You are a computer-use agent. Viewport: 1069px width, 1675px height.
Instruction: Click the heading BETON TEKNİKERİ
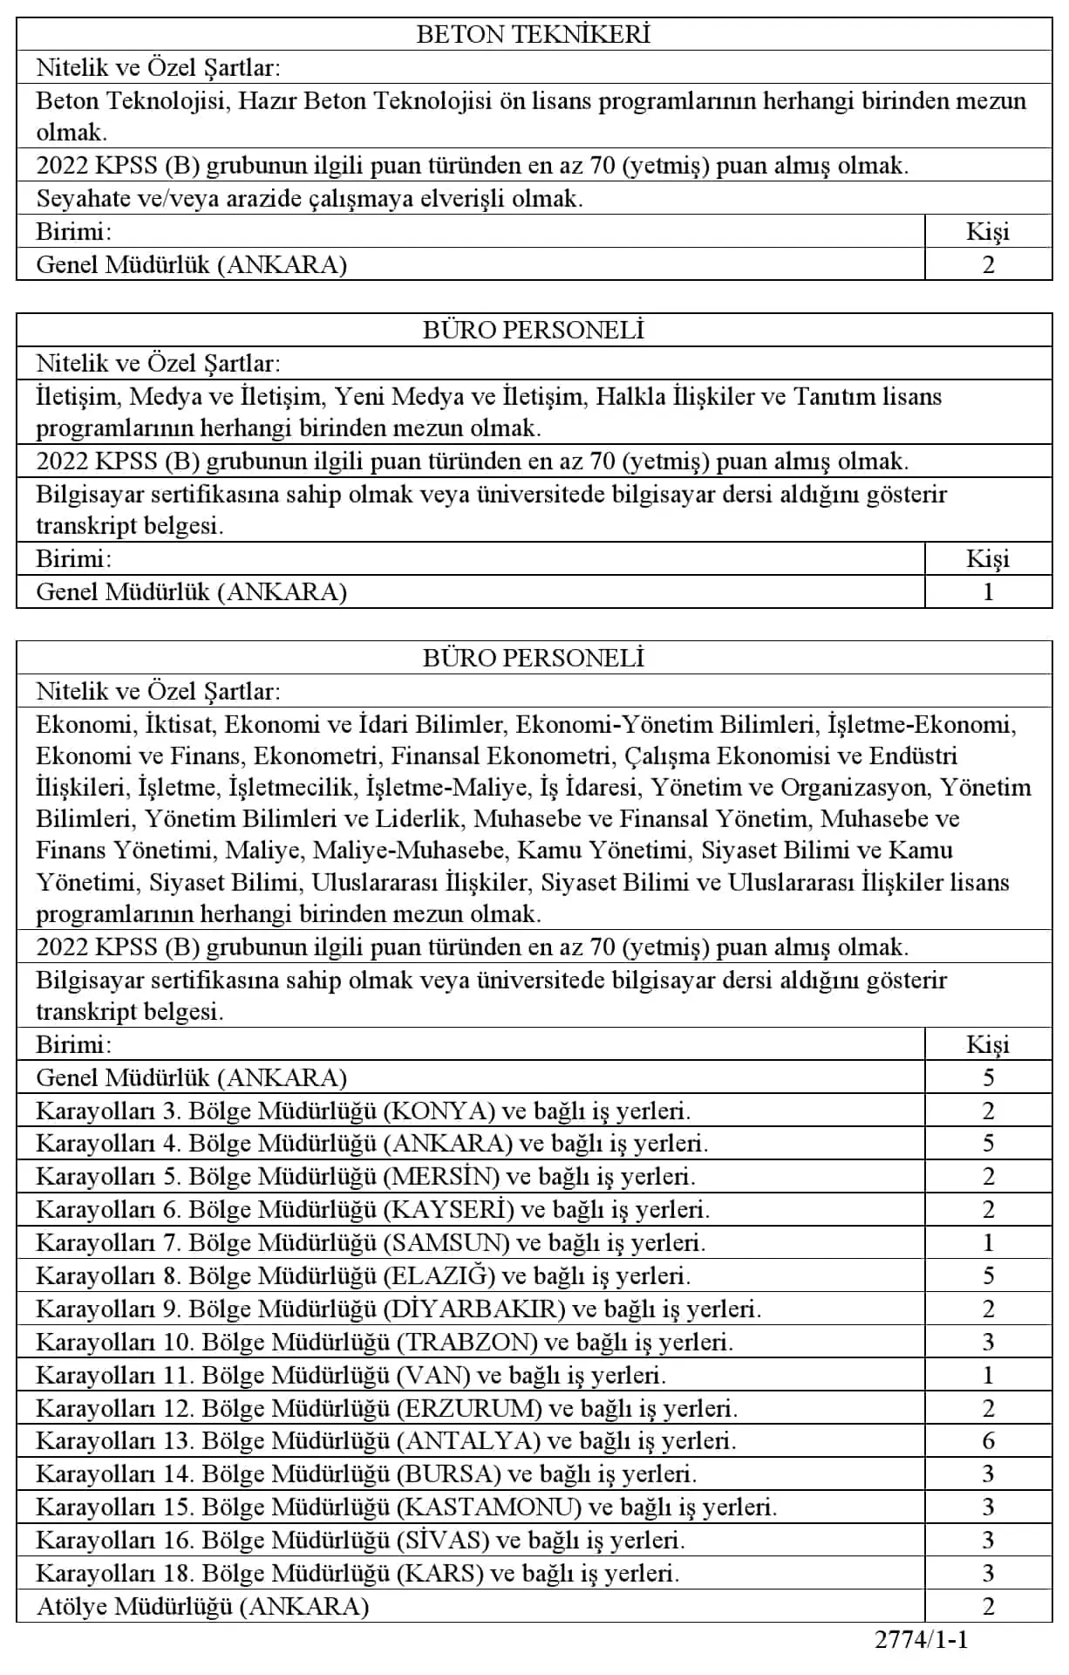click(x=534, y=34)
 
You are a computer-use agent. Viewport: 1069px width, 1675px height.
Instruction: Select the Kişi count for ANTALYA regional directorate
click(x=988, y=1440)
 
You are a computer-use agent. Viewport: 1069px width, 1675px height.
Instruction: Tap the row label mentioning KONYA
click(x=363, y=1111)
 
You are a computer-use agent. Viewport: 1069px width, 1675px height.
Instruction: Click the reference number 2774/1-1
click(x=922, y=1639)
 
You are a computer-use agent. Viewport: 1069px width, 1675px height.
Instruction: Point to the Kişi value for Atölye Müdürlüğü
click(x=988, y=1606)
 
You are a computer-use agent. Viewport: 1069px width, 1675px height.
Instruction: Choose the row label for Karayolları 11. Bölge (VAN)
click(x=351, y=1375)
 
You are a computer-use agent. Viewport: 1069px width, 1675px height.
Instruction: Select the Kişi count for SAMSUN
click(x=988, y=1242)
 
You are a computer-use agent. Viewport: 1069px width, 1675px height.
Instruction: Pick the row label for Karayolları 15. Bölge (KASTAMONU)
click(x=406, y=1507)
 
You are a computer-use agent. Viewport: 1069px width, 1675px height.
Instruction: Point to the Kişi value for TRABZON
click(x=988, y=1342)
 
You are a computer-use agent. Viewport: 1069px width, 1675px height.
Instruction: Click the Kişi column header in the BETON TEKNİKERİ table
click(x=988, y=231)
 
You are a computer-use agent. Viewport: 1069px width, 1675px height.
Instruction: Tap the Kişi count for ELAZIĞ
click(x=988, y=1275)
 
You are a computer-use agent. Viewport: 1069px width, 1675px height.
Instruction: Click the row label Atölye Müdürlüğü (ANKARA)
click(x=202, y=1606)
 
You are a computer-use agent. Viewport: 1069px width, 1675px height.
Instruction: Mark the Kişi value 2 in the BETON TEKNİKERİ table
click(x=988, y=264)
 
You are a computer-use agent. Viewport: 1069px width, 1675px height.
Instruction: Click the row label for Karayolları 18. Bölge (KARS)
click(x=357, y=1573)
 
